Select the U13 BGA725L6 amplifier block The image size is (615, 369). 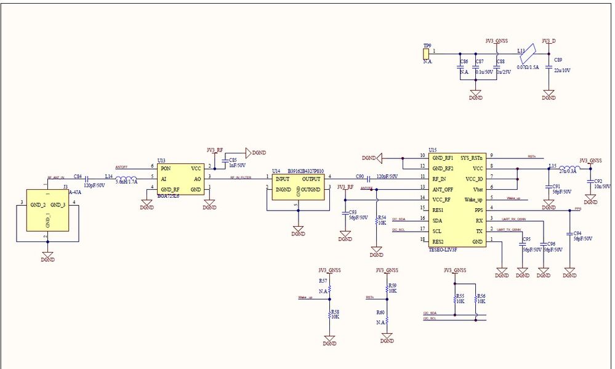(180, 179)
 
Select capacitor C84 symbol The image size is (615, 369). (86, 179)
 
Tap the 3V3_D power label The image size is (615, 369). (548, 41)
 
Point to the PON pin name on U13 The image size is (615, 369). (165, 168)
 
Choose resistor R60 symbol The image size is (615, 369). (387, 322)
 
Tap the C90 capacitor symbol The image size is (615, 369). (368, 179)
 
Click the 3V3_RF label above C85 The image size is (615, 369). (215, 150)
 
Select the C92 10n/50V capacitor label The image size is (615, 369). (601, 185)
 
